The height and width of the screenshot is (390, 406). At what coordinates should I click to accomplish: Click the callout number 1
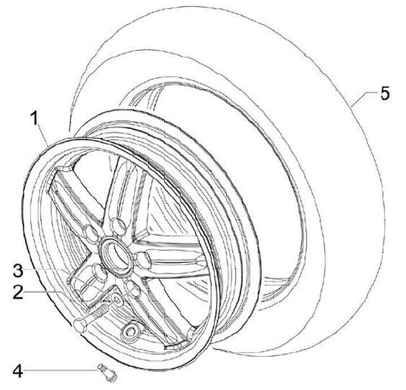tap(34, 119)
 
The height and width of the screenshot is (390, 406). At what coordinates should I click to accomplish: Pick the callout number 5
tap(384, 93)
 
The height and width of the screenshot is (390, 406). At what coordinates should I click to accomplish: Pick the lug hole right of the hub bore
tap(142, 259)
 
